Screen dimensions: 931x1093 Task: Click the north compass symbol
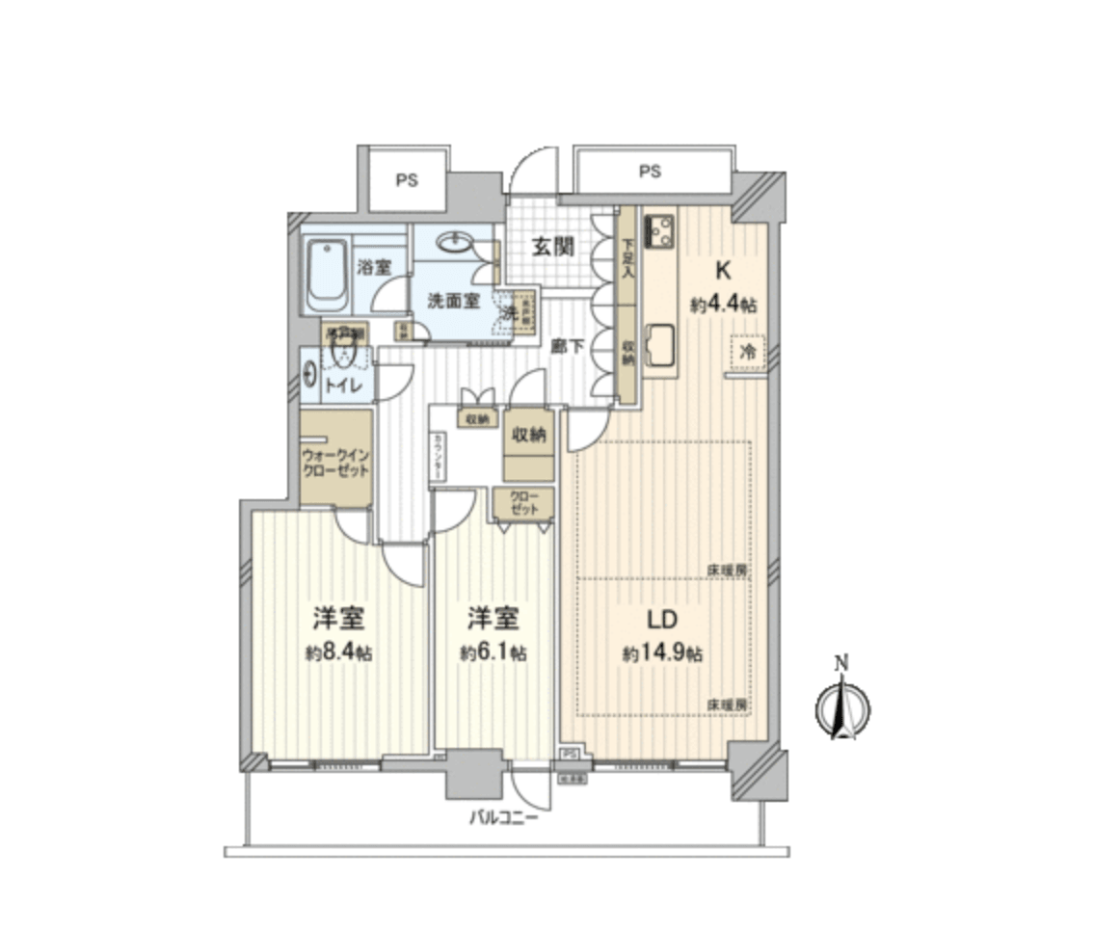pyautogui.click(x=843, y=709)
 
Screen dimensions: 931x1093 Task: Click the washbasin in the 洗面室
pyautogui.click(x=454, y=243)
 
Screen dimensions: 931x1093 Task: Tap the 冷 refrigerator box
pyautogui.click(x=747, y=352)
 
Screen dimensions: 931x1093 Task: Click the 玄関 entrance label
pyautogui.click(x=554, y=246)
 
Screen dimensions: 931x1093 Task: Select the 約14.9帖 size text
pyautogui.click(x=662, y=654)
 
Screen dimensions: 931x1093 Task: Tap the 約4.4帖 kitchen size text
pyautogui.click(x=722, y=305)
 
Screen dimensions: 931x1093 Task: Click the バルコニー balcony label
pyautogui.click(x=504, y=819)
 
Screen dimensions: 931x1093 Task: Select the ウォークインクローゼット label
pyautogui.click(x=336, y=461)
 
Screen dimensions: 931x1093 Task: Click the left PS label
pyautogui.click(x=406, y=180)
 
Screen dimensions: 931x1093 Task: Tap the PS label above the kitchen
pyautogui.click(x=651, y=173)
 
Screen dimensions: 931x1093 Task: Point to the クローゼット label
pyautogui.click(x=524, y=503)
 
